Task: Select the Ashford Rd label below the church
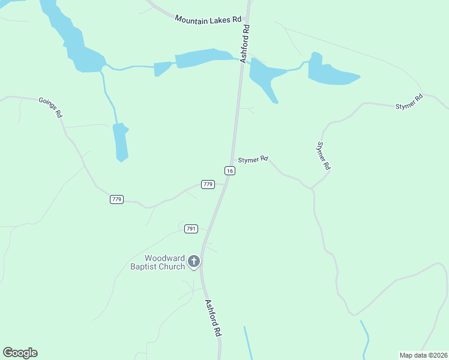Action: pyautogui.click(x=213, y=317)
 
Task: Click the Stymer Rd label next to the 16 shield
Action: pyautogui.click(x=253, y=160)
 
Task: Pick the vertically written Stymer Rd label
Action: pyautogui.click(x=324, y=155)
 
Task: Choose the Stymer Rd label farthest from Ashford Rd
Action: pyautogui.click(x=409, y=102)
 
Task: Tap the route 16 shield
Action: pyautogui.click(x=230, y=171)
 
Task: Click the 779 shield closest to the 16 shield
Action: pyautogui.click(x=208, y=184)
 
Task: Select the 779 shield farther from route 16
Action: pyautogui.click(x=116, y=199)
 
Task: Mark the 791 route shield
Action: pyautogui.click(x=191, y=229)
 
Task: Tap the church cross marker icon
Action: pyautogui.click(x=193, y=262)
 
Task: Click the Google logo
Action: pyautogui.click(x=20, y=353)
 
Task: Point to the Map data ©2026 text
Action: pyautogui.click(x=423, y=355)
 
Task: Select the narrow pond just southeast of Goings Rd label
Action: pyautogui.click(x=121, y=142)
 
